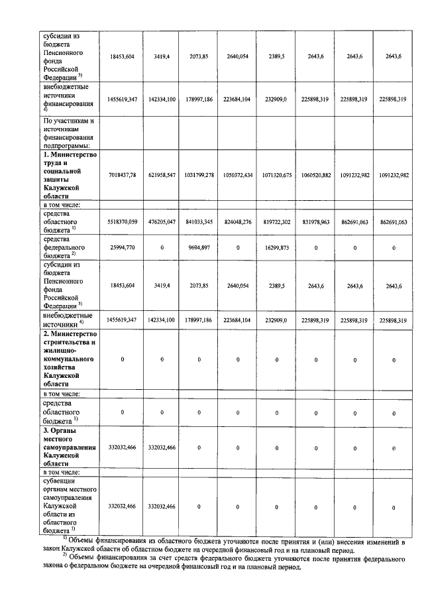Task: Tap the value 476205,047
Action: (x=161, y=221)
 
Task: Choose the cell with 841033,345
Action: (x=198, y=221)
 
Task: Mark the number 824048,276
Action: (x=237, y=221)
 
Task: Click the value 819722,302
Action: (x=276, y=221)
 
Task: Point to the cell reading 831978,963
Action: (x=315, y=221)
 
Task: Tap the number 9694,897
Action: (x=198, y=247)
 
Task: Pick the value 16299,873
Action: (x=276, y=247)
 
